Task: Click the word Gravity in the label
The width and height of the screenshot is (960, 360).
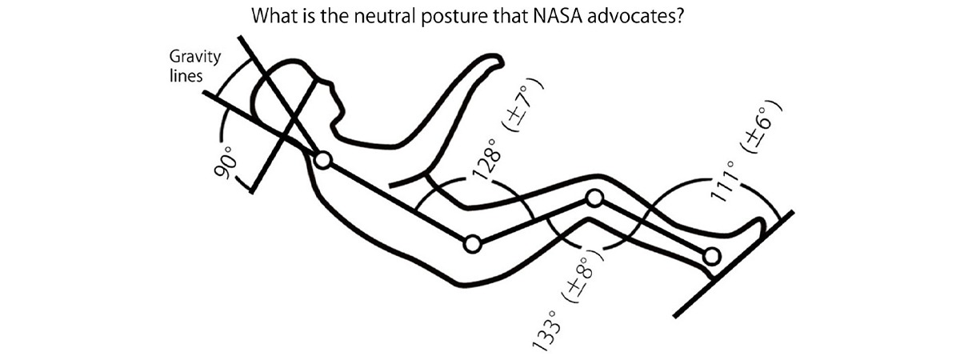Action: (190, 58)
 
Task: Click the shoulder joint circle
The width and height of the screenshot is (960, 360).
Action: (322, 161)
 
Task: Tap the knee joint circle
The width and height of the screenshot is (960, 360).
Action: (594, 198)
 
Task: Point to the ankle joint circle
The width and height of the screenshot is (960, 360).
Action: (712, 256)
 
